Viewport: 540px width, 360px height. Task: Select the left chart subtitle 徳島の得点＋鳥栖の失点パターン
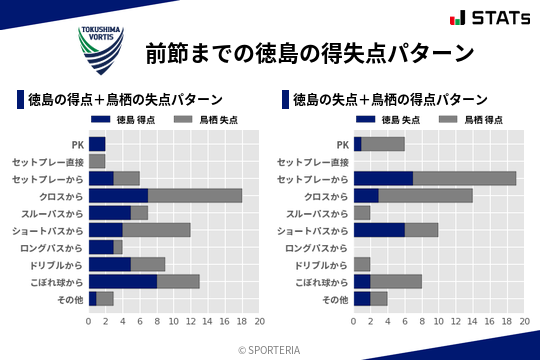[x=124, y=100]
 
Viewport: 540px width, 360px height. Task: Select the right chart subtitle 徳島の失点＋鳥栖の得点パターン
[x=390, y=100]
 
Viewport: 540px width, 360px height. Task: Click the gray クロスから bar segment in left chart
[x=195, y=195]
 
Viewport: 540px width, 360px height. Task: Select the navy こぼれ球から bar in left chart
[x=123, y=281]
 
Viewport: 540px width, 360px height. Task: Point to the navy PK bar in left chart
[x=97, y=143]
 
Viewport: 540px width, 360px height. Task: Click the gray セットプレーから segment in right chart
[x=464, y=178]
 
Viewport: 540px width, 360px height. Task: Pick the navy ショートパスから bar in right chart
[x=379, y=229]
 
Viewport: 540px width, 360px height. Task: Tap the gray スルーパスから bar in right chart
[x=362, y=212]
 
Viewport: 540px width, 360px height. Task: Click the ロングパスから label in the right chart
[x=316, y=247]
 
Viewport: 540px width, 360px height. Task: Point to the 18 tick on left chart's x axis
[x=242, y=321]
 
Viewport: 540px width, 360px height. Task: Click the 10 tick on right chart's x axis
[x=439, y=321]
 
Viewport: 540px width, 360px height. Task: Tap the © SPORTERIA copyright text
[x=270, y=349]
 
